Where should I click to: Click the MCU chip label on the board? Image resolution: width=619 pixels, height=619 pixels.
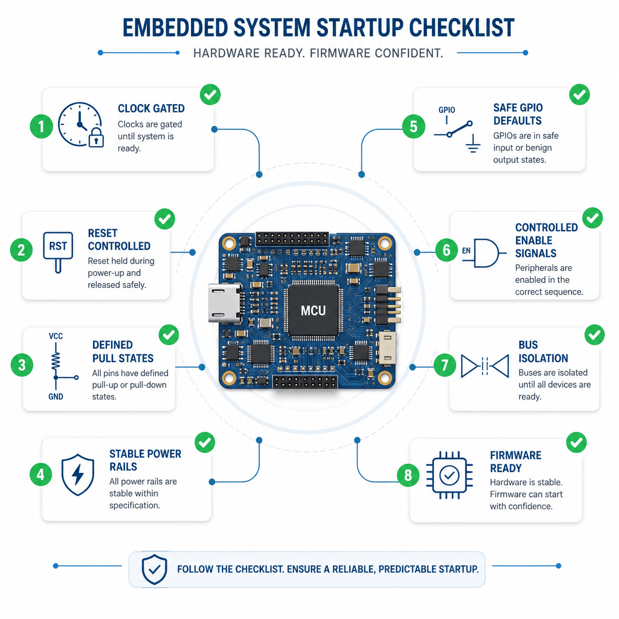tap(313, 310)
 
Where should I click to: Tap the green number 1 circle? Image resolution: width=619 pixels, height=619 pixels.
tap(41, 126)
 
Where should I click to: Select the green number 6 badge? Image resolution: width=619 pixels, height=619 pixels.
tap(446, 250)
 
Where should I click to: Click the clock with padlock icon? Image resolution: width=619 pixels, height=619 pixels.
tap(80, 125)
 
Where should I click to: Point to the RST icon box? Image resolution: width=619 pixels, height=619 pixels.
tap(58, 252)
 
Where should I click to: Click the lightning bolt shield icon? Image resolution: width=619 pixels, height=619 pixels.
tap(77, 474)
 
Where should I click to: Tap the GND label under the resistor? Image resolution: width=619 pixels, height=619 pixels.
tap(56, 397)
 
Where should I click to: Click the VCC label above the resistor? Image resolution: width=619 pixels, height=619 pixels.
tap(56, 336)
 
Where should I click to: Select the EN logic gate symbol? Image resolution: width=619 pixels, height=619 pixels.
tap(484, 253)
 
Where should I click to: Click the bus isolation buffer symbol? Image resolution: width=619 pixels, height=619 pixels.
tap(485, 366)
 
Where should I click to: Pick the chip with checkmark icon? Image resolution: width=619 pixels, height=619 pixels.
tap(449, 475)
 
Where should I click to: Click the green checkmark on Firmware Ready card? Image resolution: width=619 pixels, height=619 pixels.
tap(576, 442)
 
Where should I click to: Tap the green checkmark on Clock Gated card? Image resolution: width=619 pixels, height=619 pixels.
tap(210, 94)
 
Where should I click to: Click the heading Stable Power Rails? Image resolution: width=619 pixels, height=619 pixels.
tap(145, 460)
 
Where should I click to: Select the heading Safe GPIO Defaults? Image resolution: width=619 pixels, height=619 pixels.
tap(518, 114)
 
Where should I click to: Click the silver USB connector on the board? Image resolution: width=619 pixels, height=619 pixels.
tap(225, 303)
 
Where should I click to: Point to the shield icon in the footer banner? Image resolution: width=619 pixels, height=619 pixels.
tap(154, 569)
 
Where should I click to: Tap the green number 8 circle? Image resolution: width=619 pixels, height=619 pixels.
tap(408, 475)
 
